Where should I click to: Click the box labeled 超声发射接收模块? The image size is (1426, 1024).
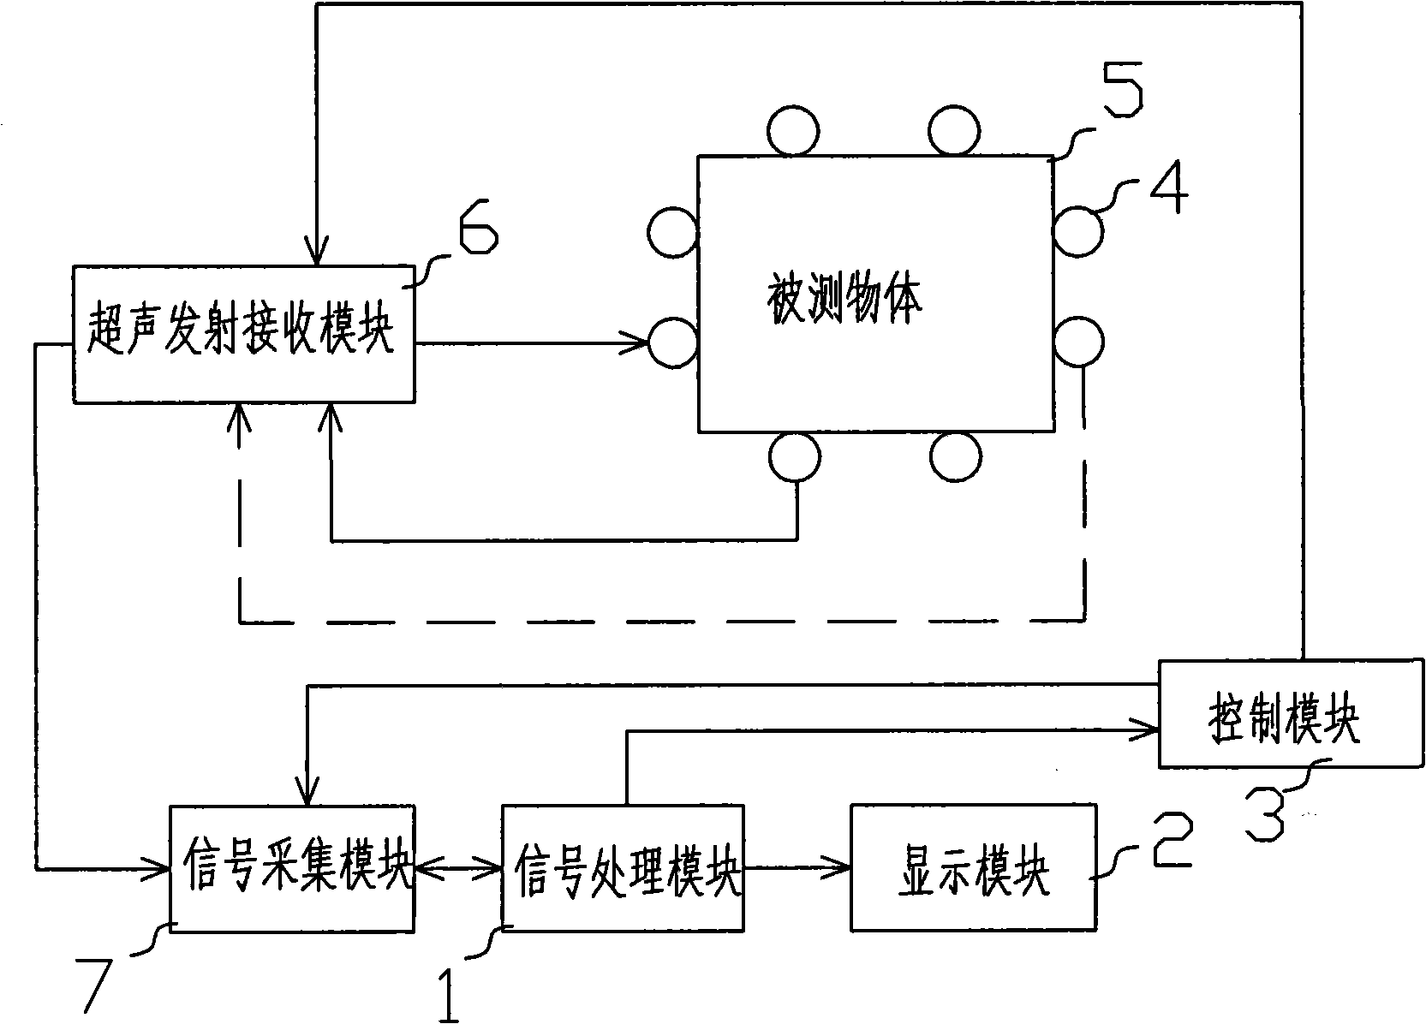click(242, 334)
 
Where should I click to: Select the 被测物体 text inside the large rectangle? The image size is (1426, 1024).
click(844, 301)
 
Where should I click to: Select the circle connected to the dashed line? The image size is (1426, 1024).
click(1078, 342)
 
